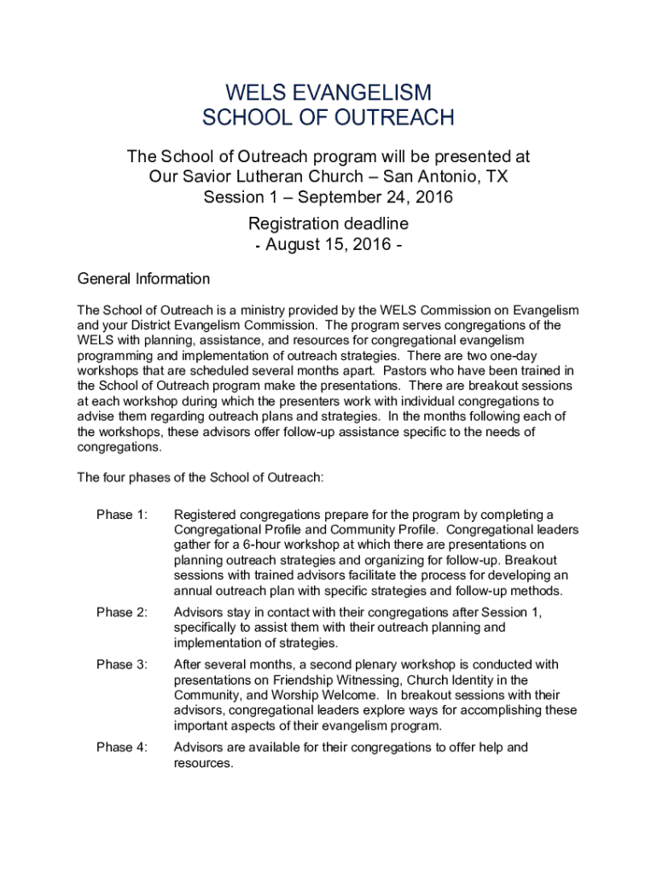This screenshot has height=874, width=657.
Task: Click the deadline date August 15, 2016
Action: [x=328, y=246]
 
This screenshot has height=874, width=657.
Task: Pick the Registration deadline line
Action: [x=328, y=224]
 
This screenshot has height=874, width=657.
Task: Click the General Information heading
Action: [x=143, y=279]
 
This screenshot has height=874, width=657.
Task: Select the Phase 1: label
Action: [x=122, y=515]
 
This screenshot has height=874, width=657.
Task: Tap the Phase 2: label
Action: [x=122, y=612]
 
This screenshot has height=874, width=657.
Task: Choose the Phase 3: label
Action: [x=122, y=664]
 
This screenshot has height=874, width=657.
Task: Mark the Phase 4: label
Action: [x=122, y=748]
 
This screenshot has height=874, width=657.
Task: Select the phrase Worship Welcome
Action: [x=325, y=696]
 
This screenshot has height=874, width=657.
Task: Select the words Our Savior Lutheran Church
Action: [x=259, y=178]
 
